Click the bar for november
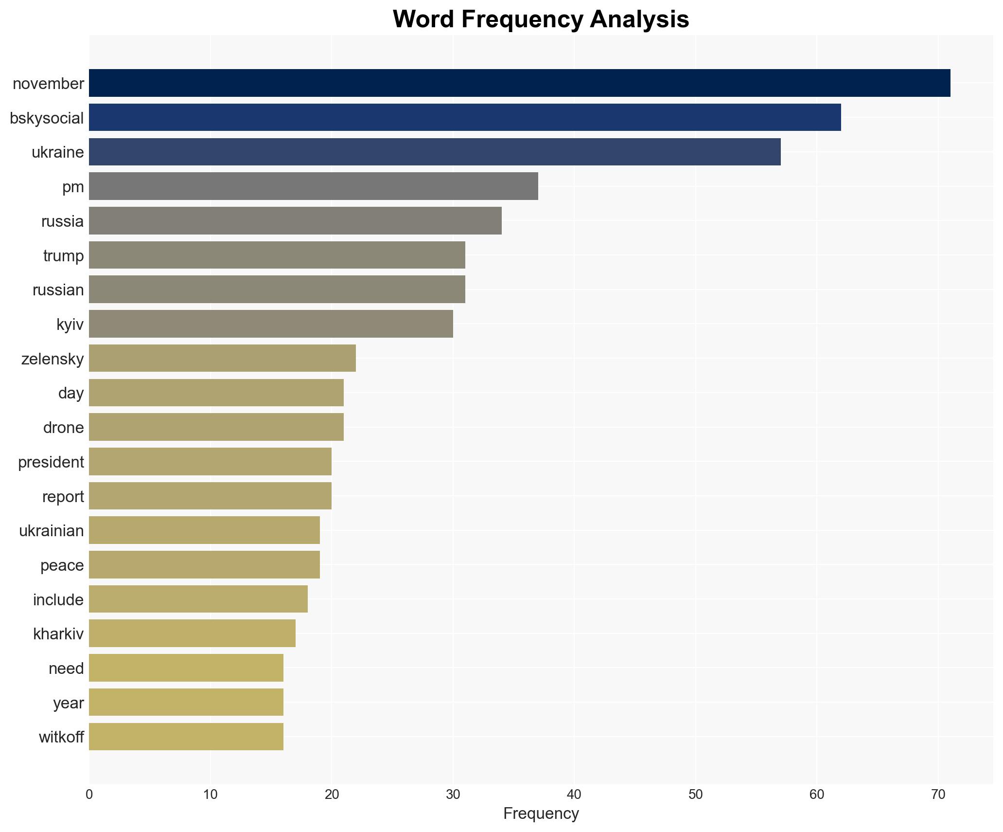(x=519, y=83)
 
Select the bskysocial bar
(x=465, y=117)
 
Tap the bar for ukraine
(x=435, y=152)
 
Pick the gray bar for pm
(x=313, y=186)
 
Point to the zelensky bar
(x=222, y=358)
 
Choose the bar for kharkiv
(x=192, y=633)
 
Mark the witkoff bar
(x=186, y=737)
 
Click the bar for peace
(x=204, y=565)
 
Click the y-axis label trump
(x=63, y=256)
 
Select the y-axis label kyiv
(x=70, y=325)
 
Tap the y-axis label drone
(x=63, y=428)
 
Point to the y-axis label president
(x=51, y=462)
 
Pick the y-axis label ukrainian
(x=52, y=531)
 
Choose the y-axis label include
(x=58, y=599)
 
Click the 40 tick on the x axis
(x=574, y=795)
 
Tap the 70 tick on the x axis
(x=938, y=795)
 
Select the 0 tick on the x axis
(x=89, y=795)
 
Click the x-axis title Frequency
(x=541, y=814)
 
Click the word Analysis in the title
(x=639, y=19)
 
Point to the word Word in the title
(x=423, y=19)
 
